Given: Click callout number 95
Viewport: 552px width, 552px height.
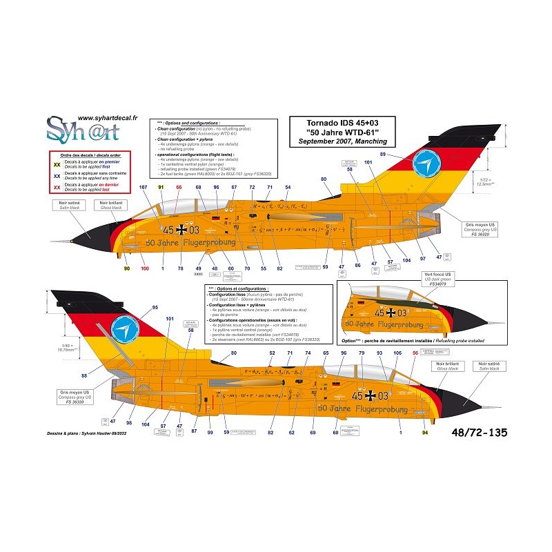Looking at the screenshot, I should coord(155,308).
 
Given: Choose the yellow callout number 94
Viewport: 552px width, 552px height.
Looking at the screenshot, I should coord(424,433).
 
